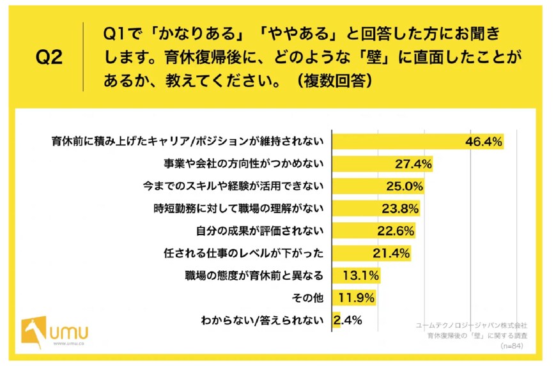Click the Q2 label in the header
[49, 58]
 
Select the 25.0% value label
[405, 186]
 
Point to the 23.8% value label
[401, 208]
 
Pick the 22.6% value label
[396, 231]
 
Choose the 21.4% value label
[391, 254]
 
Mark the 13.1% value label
[362, 276]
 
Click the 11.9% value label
[358, 298]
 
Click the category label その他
[308, 298]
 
